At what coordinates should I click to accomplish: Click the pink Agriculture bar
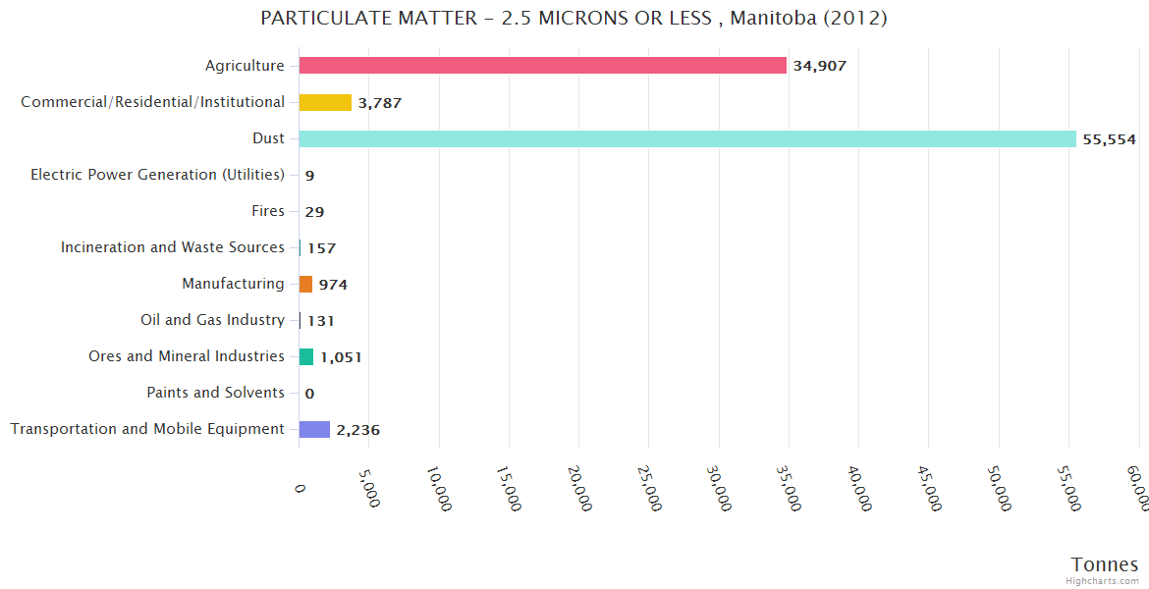(x=542, y=66)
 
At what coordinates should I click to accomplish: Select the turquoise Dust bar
(x=687, y=138)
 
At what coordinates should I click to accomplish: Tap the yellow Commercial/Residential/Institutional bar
(x=325, y=102)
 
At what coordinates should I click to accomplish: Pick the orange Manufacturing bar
(x=305, y=284)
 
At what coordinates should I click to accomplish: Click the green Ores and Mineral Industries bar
(x=306, y=356)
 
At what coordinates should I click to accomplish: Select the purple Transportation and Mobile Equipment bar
(x=314, y=429)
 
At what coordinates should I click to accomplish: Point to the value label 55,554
(x=1109, y=139)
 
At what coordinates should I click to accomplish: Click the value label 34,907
(x=819, y=66)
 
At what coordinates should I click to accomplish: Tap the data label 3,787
(x=379, y=103)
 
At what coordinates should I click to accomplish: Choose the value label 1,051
(x=341, y=357)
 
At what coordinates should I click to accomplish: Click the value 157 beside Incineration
(x=321, y=248)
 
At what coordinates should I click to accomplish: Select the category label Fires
(x=268, y=211)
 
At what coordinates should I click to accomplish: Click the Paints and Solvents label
(x=215, y=393)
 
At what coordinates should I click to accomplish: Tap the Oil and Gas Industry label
(x=212, y=320)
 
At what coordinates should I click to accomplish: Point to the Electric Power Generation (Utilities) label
(x=157, y=175)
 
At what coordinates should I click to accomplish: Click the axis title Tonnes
(x=1104, y=564)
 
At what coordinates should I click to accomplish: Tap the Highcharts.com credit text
(x=1104, y=580)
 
